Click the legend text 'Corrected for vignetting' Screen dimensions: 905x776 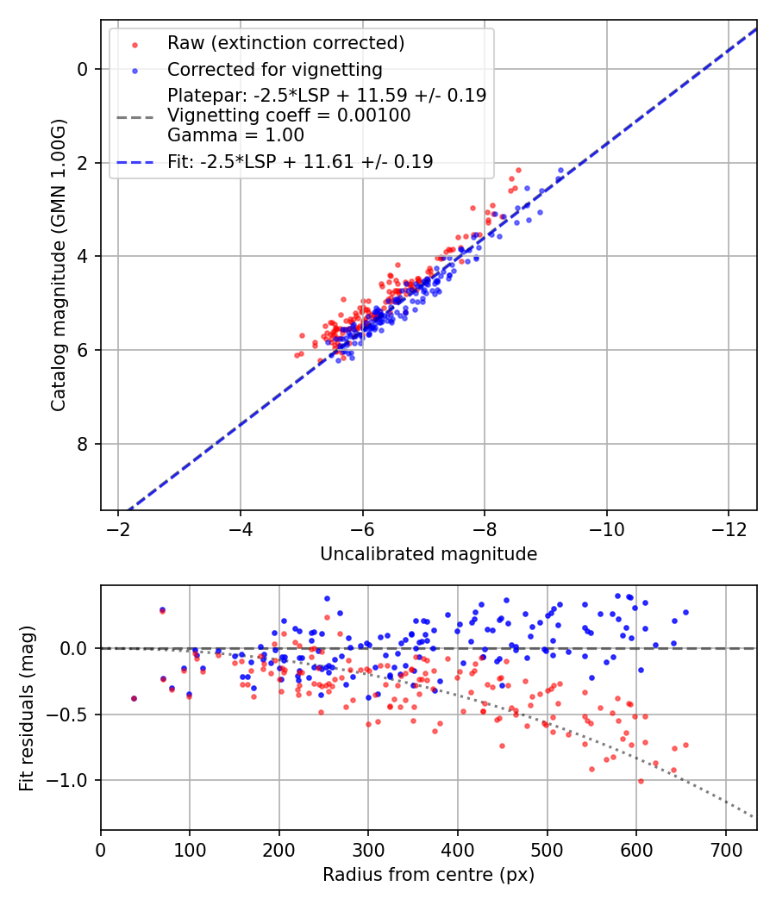[275, 69]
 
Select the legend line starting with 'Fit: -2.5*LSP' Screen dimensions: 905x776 [300, 161]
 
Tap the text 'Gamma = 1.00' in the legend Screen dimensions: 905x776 [235, 135]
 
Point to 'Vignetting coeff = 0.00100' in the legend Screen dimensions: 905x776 [289, 115]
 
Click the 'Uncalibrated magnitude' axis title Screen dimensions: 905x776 [429, 554]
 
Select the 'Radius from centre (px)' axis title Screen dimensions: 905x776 [429, 875]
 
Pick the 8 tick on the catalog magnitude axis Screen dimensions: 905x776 [84, 444]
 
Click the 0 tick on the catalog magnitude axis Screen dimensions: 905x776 [84, 69]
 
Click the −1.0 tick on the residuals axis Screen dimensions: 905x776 [73, 780]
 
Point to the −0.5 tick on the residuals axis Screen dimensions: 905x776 [73, 715]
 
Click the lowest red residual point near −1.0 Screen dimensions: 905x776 [641, 781]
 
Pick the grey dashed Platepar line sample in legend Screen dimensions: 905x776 [135, 115]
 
